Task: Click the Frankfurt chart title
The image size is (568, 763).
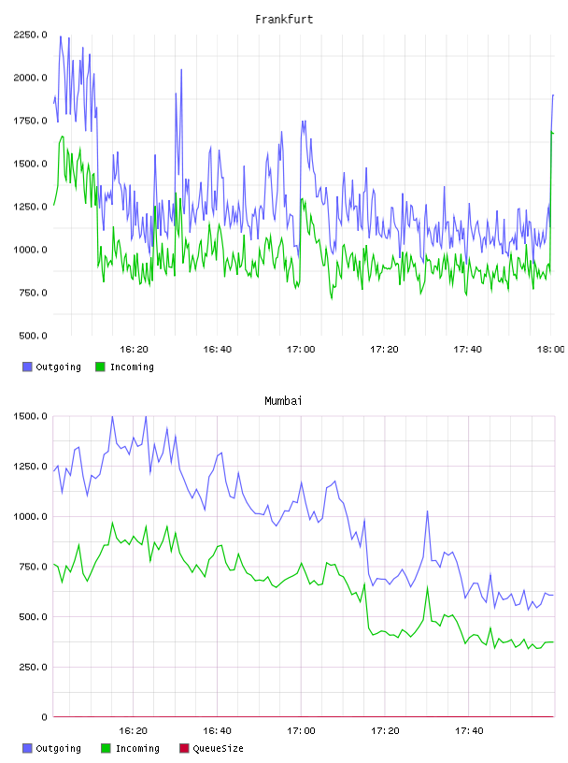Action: pyautogui.click(x=284, y=19)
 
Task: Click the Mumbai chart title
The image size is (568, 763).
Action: pyautogui.click(x=283, y=400)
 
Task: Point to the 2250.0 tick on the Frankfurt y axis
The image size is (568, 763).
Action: pyautogui.click(x=31, y=35)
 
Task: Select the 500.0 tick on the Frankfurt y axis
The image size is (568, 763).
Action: pyautogui.click(x=33, y=336)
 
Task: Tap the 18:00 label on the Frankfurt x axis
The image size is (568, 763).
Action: pyautogui.click(x=551, y=349)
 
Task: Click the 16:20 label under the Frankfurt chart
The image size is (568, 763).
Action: pyautogui.click(x=134, y=349)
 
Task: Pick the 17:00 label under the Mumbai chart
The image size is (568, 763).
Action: pyautogui.click(x=301, y=730)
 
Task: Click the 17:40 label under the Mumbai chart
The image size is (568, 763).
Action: pyautogui.click(x=469, y=730)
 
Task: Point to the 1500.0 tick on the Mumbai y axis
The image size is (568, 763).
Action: pyautogui.click(x=31, y=416)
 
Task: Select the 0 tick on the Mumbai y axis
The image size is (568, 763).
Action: pyautogui.click(x=44, y=717)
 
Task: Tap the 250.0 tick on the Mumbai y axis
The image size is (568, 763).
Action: pyautogui.click(x=33, y=667)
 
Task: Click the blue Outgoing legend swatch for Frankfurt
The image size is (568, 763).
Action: pyautogui.click(x=27, y=367)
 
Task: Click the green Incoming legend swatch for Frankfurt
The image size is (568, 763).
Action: pyautogui.click(x=100, y=367)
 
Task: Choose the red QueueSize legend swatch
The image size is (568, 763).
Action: pyautogui.click(x=184, y=748)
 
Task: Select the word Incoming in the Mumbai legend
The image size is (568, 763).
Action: pyautogui.click(x=137, y=748)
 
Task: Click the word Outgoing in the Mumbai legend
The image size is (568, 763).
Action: pyautogui.click(x=58, y=748)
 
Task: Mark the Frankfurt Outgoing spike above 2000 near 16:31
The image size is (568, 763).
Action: pyautogui.click(x=181, y=69)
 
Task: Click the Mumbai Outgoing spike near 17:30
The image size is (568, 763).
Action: pyautogui.click(x=428, y=511)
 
